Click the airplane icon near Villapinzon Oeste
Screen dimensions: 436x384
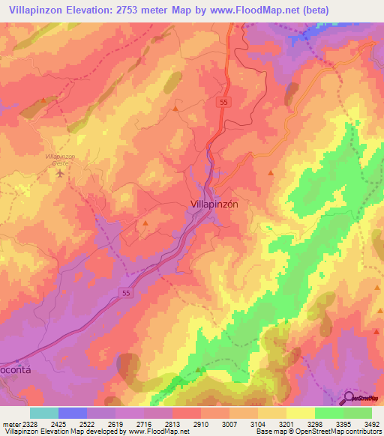pos(61,173)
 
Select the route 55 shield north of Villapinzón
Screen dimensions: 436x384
pos(223,100)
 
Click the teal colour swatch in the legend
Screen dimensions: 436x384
pos(44,413)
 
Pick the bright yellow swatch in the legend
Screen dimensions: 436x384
pos(300,413)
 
